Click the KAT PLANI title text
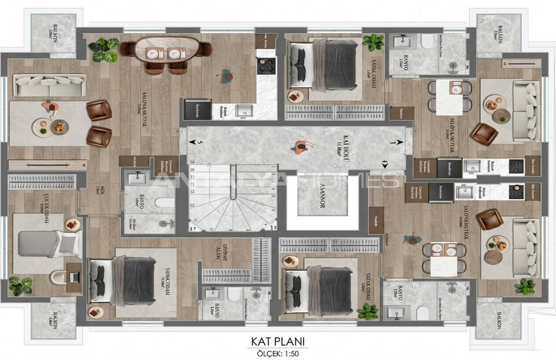[x=279, y=340]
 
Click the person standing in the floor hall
[x=300, y=147]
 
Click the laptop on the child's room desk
[x=75, y=277]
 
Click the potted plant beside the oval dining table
[x=104, y=49]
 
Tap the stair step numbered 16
[x=194, y=169]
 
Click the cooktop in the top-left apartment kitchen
[x=266, y=66]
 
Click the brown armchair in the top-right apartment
[x=485, y=134]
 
